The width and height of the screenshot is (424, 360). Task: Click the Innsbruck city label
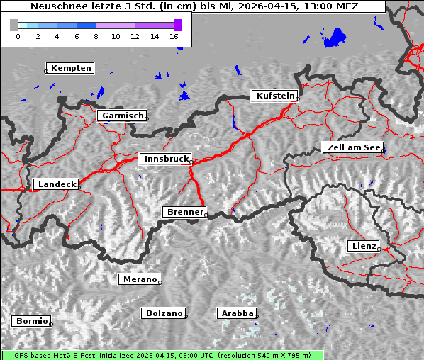click(x=164, y=159)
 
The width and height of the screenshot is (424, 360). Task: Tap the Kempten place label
click(x=71, y=68)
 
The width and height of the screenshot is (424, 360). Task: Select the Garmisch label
click(x=123, y=116)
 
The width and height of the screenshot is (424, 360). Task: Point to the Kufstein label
click(x=274, y=96)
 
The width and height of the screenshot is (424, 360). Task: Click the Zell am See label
click(x=352, y=147)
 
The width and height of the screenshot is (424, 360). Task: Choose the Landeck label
click(x=56, y=184)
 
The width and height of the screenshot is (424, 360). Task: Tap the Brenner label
click(x=184, y=212)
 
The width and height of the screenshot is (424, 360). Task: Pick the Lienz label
click(x=363, y=246)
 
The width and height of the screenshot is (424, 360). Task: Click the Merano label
click(x=139, y=279)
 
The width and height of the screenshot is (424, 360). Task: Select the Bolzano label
click(x=164, y=313)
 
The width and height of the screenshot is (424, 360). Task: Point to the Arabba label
click(x=236, y=313)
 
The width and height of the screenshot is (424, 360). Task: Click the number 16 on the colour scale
click(x=174, y=36)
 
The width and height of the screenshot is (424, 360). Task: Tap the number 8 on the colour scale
click(x=96, y=36)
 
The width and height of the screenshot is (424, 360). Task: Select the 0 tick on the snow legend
click(x=18, y=36)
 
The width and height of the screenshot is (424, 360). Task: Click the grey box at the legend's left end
click(x=14, y=25)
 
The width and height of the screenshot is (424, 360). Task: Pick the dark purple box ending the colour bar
click(x=177, y=25)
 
